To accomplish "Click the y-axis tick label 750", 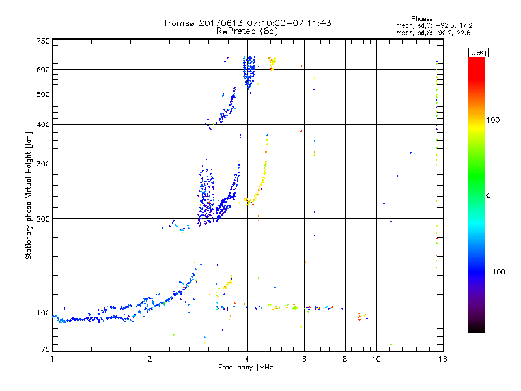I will click(43, 41).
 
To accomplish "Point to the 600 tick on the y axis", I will click(43, 70).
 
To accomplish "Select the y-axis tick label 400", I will click(43, 125).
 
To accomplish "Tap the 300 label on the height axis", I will click(43, 164).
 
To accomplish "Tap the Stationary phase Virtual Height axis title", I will click(29, 196).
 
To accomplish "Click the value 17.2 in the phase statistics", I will click(463, 25).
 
